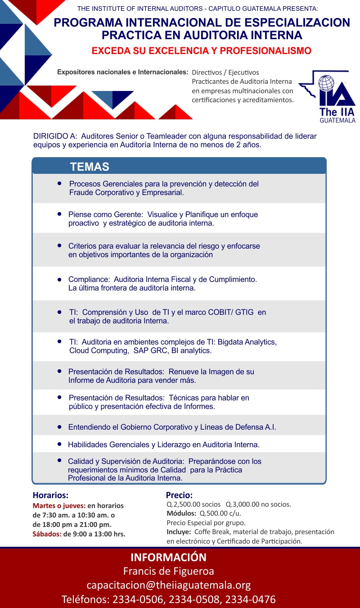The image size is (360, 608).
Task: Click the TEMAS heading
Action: pyautogui.click(x=90, y=167)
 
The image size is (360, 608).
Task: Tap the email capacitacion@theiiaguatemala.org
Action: pyautogui.click(x=169, y=585)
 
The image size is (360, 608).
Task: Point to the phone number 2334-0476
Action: pyautogui.click(x=250, y=599)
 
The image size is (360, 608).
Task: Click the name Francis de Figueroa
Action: pyautogui.click(x=169, y=571)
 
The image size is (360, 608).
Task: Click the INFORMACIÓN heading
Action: pyautogui.click(x=169, y=557)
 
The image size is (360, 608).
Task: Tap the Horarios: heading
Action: pyautogui.click(x=50, y=495)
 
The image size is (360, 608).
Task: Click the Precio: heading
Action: pyautogui.click(x=179, y=495)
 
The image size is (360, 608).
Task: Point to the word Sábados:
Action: pyautogui.click(x=47, y=534)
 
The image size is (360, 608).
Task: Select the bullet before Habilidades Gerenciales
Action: pyautogui.click(x=59, y=444)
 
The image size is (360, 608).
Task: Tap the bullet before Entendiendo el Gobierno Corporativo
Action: pyautogui.click(x=59, y=427)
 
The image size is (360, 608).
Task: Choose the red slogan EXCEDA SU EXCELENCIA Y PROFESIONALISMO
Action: pyautogui.click(x=201, y=51)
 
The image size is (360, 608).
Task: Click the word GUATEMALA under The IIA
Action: pyautogui.click(x=337, y=120)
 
